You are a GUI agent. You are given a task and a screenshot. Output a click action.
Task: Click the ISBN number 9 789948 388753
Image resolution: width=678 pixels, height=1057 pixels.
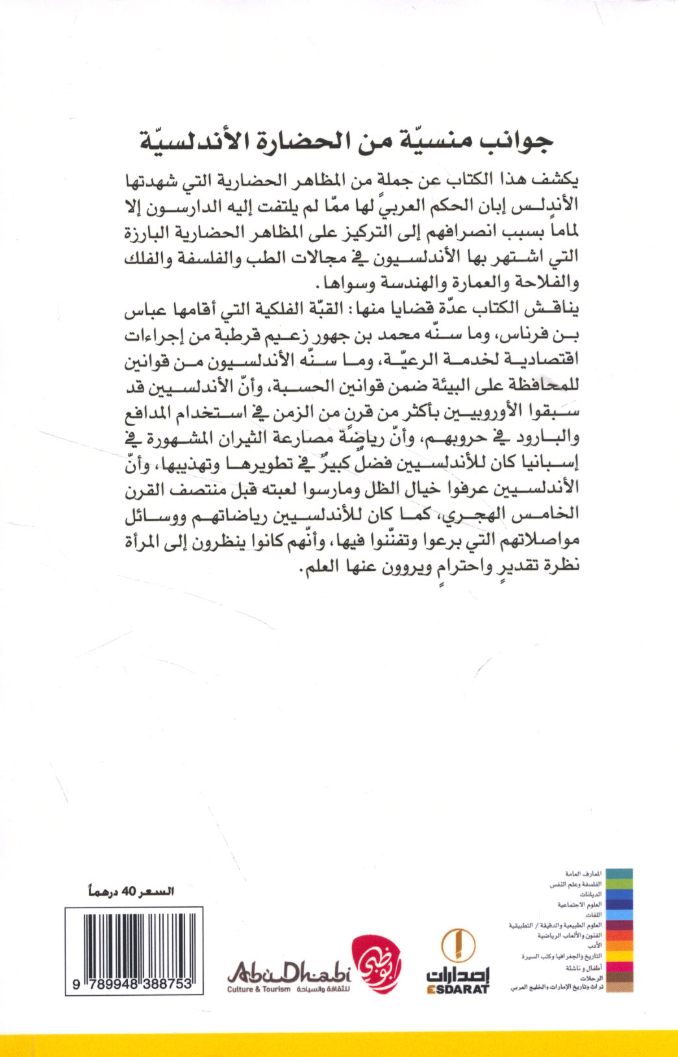pyautogui.click(x=133, y=984)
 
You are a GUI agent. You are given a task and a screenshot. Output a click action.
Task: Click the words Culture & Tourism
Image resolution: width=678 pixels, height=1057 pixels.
pyautogui.click(x=258, y=989)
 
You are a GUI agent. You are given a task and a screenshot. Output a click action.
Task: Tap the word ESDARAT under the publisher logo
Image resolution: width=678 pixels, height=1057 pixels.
pyautogui.click(x=458, y=989)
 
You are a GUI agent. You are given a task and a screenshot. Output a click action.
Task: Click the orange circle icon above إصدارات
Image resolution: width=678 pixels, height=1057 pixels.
pyautogui.click(x=458, y=945)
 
